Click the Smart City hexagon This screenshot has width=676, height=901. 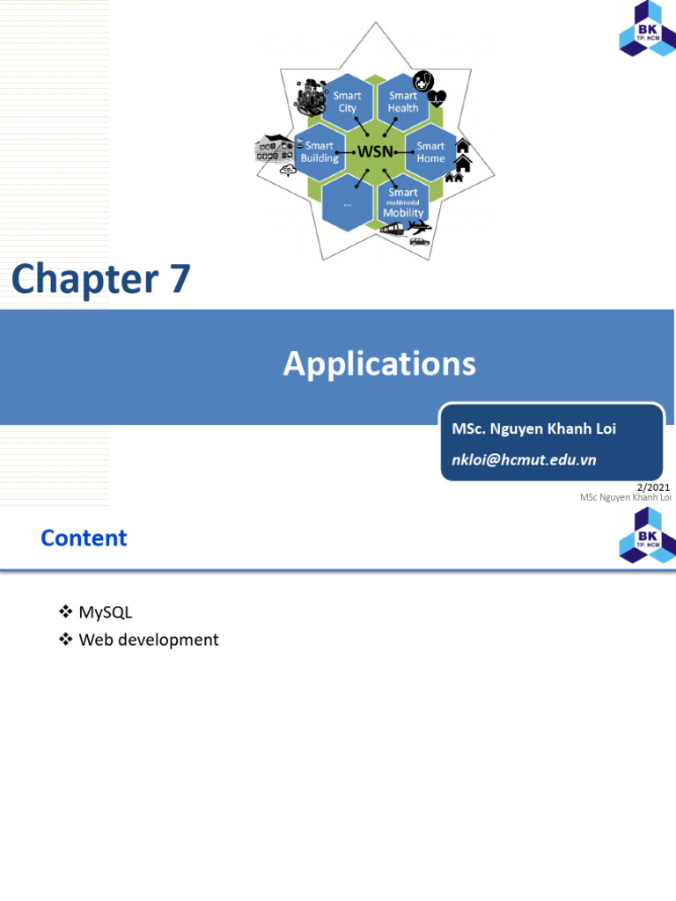tap(347, 102)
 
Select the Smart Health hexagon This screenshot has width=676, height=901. tap(403, 102)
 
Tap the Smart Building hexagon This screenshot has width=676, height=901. tap(320, 152)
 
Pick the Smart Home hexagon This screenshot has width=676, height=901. tap(430, 152)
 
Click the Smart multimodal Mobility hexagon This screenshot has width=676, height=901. tap(403, 202)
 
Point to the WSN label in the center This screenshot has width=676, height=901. tap(375, 152)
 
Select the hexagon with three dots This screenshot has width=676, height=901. tap(347, 202)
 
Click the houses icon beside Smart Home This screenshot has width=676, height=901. tap(460, 160)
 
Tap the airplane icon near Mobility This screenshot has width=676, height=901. tap(421, 227)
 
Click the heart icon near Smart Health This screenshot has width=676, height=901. tap(437, 98)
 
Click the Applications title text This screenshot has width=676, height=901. tap(379, 363)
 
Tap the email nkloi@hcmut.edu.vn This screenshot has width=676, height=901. tap(524, 459)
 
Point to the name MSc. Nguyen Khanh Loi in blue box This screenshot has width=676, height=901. tap(533, 429)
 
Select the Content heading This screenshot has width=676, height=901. tap(84, 538)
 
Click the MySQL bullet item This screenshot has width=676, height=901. tap(105, 612)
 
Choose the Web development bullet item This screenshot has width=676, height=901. tap(148, 640)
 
